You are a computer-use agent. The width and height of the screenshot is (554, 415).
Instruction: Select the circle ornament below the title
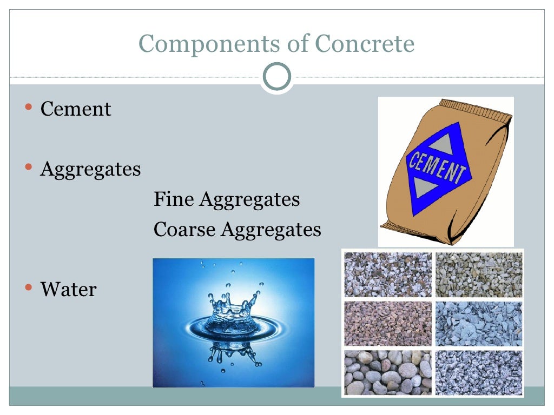click(x=276, y=77)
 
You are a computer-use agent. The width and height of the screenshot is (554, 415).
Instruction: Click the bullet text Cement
click(x=76, y=109)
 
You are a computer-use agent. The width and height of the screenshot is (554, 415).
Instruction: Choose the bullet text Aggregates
click(x=90, y=170)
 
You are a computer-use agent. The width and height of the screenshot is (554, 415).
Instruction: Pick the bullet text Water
click(x=68, y=290)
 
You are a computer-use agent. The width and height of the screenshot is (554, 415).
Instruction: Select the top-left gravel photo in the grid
click(x=388, y=275)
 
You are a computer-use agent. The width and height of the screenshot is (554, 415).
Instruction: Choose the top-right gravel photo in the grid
click(x=479, y=275)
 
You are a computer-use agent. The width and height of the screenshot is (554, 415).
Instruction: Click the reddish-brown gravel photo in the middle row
click(x=388, y=323)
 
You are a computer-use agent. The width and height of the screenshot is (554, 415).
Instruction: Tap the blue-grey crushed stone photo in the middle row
click(x=479, y=323)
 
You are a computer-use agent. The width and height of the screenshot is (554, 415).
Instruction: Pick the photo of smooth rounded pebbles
click(x=388, y=372)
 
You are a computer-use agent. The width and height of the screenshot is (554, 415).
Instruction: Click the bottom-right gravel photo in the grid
click(x=479, y=372)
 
